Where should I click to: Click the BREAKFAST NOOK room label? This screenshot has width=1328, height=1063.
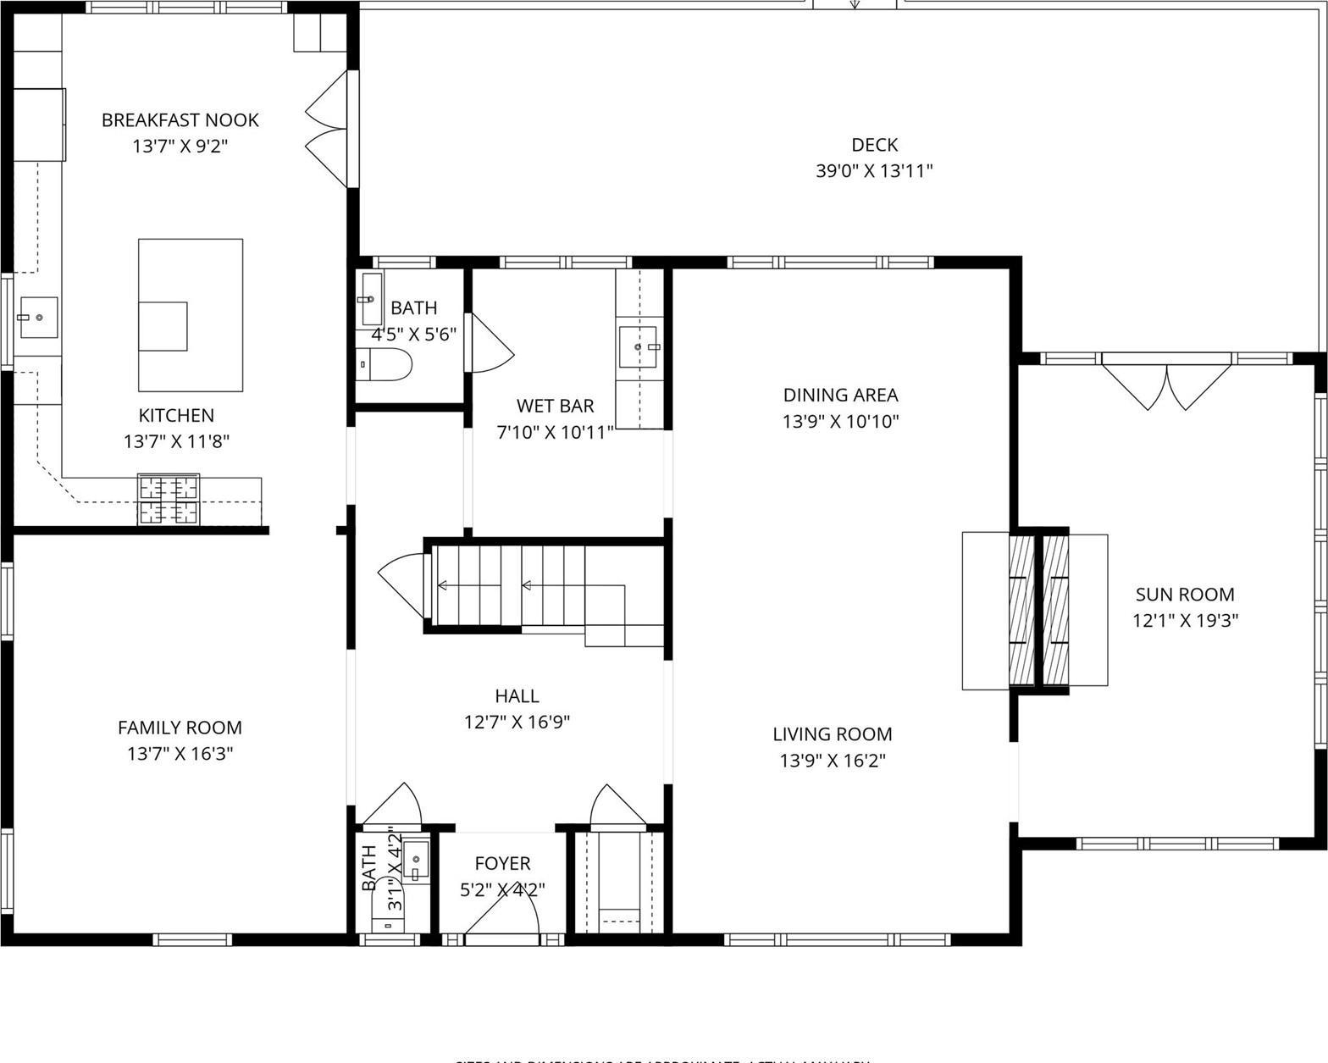point(180,120)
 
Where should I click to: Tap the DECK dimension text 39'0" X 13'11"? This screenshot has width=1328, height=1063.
point(874,171)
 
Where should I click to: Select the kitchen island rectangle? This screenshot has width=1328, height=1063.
point(191,315)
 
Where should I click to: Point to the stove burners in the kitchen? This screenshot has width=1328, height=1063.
point(169,500)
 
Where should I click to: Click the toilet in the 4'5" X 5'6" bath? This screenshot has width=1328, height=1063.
point(384,364)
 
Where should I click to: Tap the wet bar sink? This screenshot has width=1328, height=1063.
point(639,346)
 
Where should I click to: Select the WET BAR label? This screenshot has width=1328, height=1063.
point(555,407)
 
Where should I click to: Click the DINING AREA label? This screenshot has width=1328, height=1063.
point(840,395)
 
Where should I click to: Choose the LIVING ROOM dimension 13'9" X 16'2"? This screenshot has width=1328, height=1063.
point(833,761)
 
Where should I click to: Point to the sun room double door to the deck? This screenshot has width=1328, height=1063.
point(1168,385)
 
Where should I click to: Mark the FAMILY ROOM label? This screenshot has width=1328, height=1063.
point(180,728)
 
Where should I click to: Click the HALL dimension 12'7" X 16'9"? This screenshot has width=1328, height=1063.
point(517,723)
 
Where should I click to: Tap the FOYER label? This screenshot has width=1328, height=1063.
point(502,863)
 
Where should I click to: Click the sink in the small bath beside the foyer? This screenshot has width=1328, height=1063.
point(416,859)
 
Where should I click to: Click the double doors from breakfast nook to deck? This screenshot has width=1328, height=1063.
point(329,129)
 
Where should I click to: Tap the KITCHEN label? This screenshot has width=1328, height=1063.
point(176,416)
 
